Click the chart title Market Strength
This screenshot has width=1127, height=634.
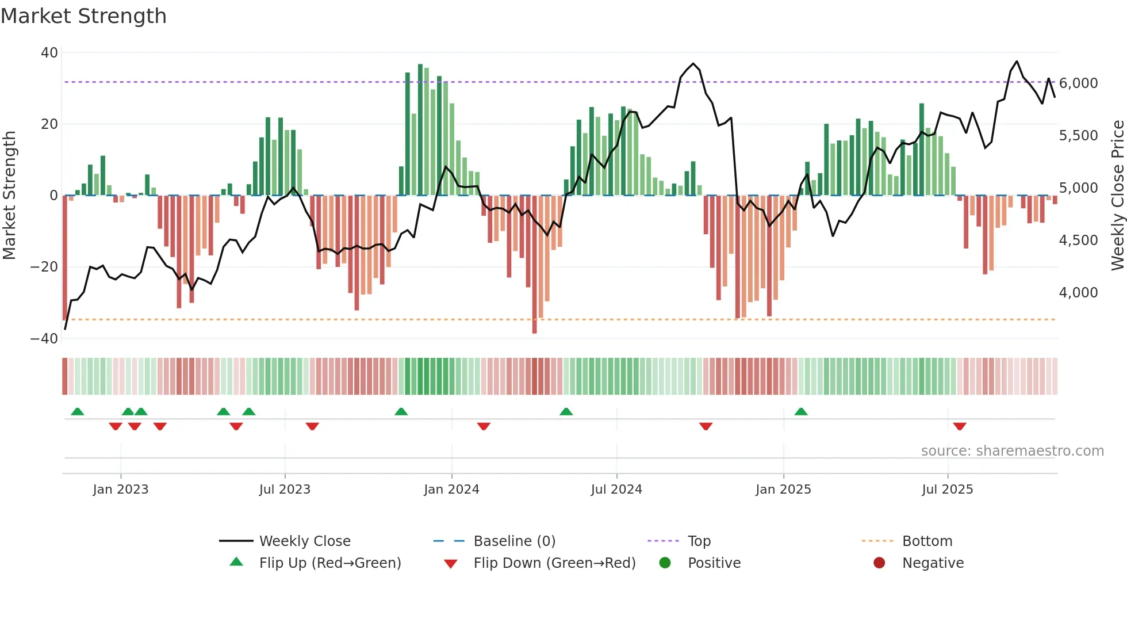(x=83, y=16)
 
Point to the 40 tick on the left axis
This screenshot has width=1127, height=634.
(x=49, y=53)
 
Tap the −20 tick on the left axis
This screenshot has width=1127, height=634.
(x=44, y=267)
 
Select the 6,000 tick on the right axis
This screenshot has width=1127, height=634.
(x=1079, y=83)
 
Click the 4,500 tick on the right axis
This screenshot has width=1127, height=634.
(x=1079, y=240)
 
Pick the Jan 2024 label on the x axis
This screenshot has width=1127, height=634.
(x=451, y=490)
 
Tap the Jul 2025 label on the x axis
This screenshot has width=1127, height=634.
(x=947, y=490)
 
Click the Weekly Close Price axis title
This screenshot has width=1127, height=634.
(x=1117, y=196)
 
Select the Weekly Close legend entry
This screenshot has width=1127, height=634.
(x=305, y=541)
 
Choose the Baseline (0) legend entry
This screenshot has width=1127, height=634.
(x=514, y=541)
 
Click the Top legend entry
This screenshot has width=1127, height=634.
(x=699, y=541)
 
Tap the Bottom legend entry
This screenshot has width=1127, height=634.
(x=927, y=541)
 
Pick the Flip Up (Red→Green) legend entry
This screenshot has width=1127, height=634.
(x=330, y=563)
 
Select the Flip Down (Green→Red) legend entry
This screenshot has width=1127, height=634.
(x=554, y=563)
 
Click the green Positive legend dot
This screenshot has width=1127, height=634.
(x=665, y=563)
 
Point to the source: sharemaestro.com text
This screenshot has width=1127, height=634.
(x=1012, y=451)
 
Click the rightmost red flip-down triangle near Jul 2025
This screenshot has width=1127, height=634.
(x=960, y=426)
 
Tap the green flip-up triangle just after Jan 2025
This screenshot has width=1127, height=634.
(x=801, y=411)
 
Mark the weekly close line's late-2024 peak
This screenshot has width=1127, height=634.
(x=693, y=64)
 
